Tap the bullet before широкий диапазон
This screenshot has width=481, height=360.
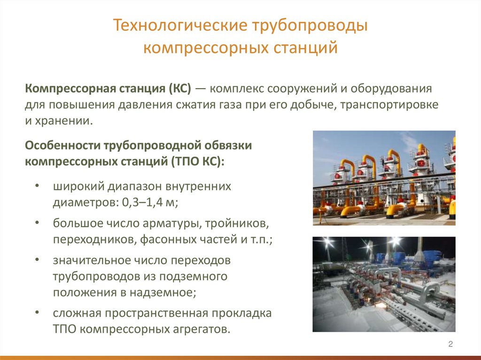pyautogui.click(x=37, y=186)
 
